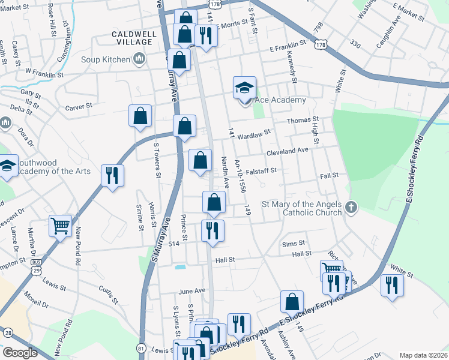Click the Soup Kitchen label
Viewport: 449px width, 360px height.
point(106,59)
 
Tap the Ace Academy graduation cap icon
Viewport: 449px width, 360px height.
point(244,88)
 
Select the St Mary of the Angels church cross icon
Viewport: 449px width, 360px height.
point(351,208)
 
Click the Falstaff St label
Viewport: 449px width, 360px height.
point(260,170)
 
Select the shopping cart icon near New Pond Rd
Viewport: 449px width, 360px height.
point(60,226)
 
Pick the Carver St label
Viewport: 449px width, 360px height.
point(78,106)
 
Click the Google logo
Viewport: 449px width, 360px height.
point(20,353)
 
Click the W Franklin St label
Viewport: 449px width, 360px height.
point(44,75)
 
